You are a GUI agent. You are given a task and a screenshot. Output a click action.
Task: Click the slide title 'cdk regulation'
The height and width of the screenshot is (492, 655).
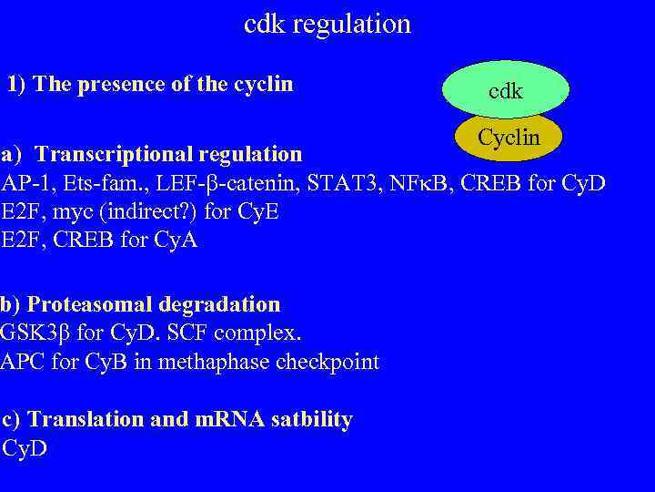[x=327, y=24]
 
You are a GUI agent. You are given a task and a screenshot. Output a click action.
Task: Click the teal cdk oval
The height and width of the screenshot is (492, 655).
[x=505, y=91]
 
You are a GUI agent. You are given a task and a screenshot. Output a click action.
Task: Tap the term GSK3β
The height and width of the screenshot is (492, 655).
[x=35, y=333]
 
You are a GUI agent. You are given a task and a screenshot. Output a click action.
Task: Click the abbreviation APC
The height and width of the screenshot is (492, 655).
[x=19, y=362]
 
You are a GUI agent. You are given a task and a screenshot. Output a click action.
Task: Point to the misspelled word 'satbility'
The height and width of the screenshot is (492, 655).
[x=307, y=419]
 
